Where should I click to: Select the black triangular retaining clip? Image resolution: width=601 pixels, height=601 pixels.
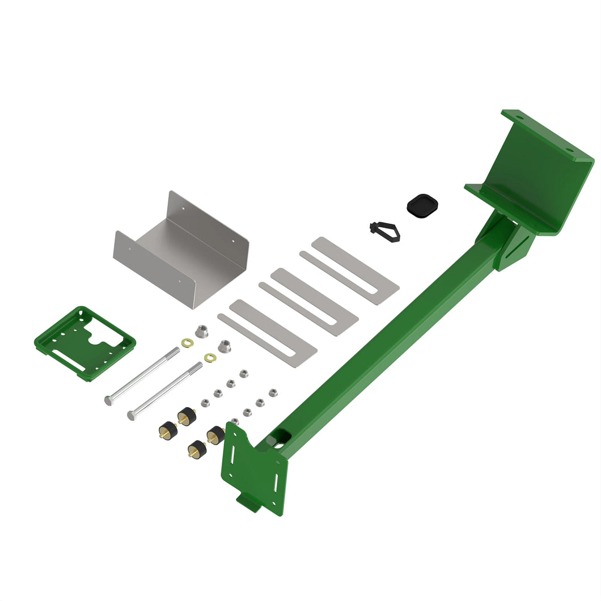click(x=386, y=230)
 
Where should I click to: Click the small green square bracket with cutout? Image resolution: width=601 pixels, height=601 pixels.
click(x=85, y=343)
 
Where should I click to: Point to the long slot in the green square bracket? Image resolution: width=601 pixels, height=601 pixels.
click(x=69, y=359)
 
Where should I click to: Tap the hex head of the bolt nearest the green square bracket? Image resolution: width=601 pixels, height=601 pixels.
click(x=108, y=400)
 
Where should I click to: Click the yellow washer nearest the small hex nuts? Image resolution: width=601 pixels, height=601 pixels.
click(x=210, y=358)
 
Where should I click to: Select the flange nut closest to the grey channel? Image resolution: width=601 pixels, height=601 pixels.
click(x=201, y=331)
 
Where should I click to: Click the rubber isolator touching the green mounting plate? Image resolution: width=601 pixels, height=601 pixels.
click(x=215, y=435)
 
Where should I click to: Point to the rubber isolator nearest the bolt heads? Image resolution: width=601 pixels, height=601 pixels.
click(x=168, y=430)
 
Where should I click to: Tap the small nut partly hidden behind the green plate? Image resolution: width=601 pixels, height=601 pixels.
click(x=235, y=421)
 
